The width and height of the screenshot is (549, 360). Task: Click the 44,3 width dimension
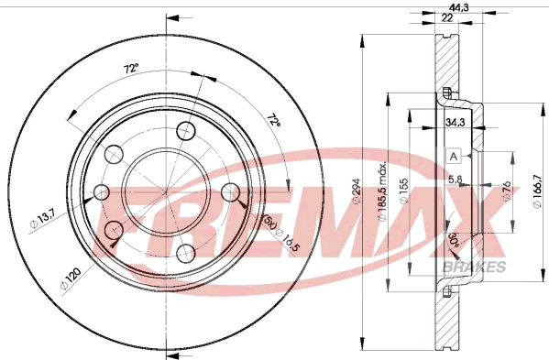click(446, 8)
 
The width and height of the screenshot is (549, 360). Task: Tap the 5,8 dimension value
click(455, 180)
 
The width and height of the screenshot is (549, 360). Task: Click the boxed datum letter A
click(453, 156)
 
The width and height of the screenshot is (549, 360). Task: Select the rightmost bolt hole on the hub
click(232, 191)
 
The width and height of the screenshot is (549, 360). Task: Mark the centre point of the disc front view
click(166, 191)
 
